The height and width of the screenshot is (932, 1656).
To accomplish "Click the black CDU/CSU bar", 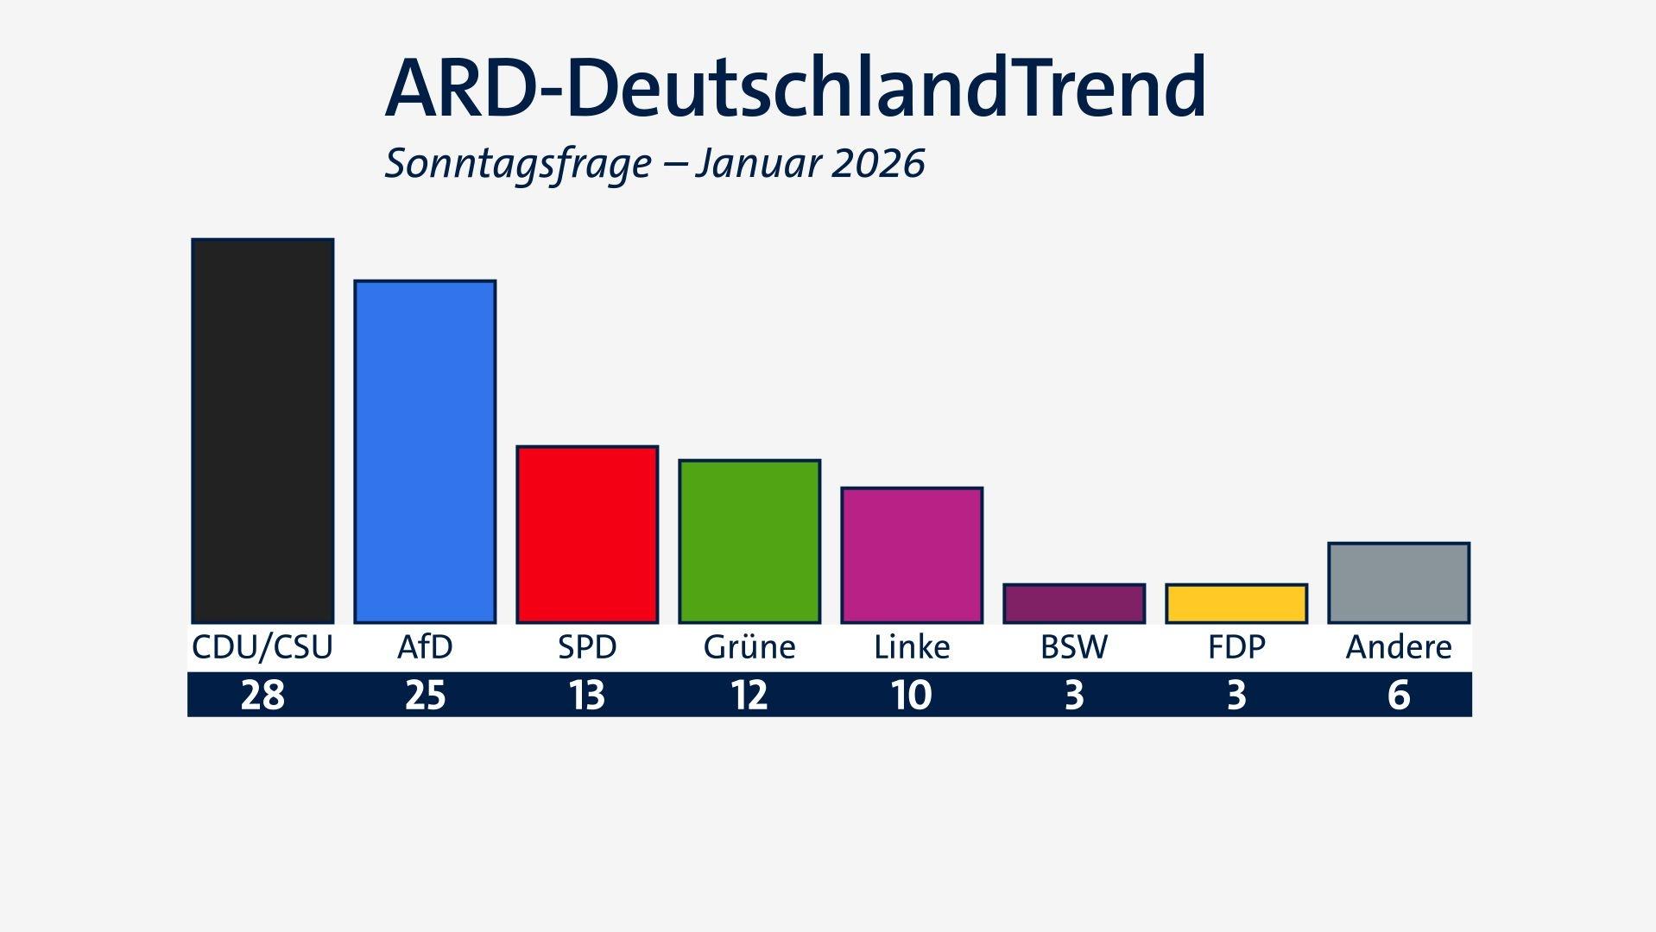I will pyautogui.click(x=262, y=431).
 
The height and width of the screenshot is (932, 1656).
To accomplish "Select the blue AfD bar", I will pyautogui.click(x=425, y=451).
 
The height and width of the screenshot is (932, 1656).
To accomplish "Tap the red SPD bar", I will pyautogui.click(x=587, y=534).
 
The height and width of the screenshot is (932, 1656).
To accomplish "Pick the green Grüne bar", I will pyautogui.click(x=749, y=541).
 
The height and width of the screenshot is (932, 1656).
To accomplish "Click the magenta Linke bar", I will pyautogui.click(x=912, y=555).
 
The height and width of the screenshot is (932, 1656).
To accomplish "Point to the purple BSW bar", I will pyautogui.click(x=1074, y=603).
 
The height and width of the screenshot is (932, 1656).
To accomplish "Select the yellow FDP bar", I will pyautogui.click(x=1236, y=603).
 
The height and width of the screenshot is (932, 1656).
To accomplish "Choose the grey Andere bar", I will pyautogui.click(x=1399, y=582).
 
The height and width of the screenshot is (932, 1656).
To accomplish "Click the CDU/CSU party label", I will pyautogui.click(x=262, y=647).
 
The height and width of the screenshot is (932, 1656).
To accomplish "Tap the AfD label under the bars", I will pyautogui.click(x=425, y=647).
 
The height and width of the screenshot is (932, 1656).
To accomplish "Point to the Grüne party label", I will pyautogui.click(x=749, y=647).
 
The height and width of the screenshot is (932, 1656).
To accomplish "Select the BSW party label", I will pyautogui.click(x=1074, y=647).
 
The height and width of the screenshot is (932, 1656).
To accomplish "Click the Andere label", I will pyautogui.click(x=1399, y=647).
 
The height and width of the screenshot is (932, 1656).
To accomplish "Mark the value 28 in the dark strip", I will pyautogui.click(x=262, y=695).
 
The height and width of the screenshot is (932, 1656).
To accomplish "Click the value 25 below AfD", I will pyautogui.click(x=425, y=695).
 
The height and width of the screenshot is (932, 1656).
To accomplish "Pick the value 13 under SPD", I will pyautogui.click(x=587, y=695).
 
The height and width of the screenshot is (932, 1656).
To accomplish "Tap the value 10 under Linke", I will pyautogui.click(x=912, y=695).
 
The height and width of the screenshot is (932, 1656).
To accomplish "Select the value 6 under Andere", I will pyautogui.click(x=1399, y=695).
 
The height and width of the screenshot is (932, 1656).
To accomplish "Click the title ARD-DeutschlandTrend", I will pyautogui.click(x=794, y=88).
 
